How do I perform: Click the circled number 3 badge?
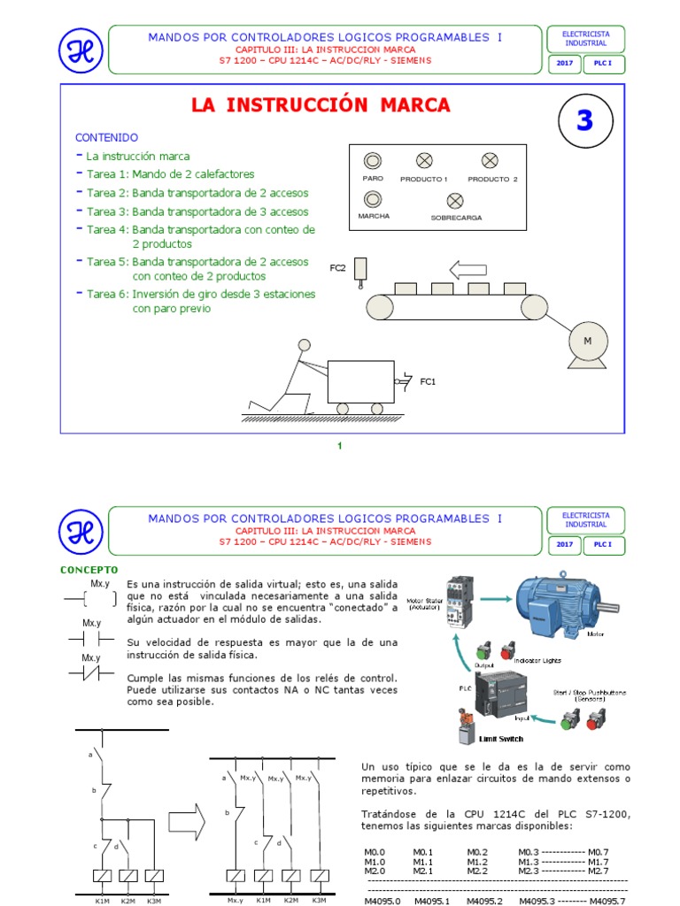(x=584, y=122)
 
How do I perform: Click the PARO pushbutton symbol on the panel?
(x=373, y=160)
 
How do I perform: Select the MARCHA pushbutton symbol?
(x=373, y=198)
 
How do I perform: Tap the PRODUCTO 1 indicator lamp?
(x=424, y=160)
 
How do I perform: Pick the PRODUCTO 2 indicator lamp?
(x=490, y=160)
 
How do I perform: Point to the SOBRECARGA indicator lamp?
(x=455, y=200)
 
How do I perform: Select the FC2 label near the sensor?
(x=337, y=267)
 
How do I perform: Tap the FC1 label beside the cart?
(x=428, y=381)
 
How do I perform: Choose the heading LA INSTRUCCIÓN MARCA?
(x=321, y=105)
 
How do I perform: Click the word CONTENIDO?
(x=106, y=138)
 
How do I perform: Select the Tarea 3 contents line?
(x=197, y=211)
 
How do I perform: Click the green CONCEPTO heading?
(x=89, y=569)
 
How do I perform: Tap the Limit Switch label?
(x=500, y=739)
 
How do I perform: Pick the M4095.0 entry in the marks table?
(x=382, y=901)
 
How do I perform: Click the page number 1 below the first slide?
(x=339, y=445)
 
